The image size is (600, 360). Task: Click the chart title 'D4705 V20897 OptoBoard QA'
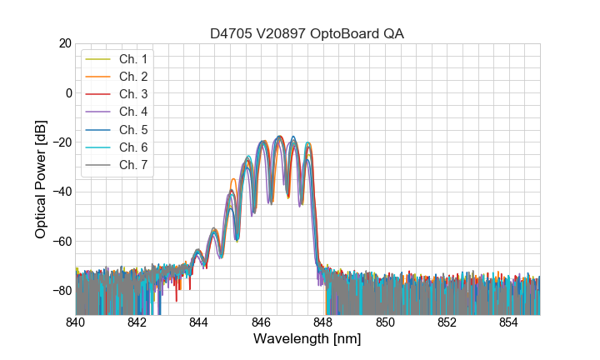coord(307,33)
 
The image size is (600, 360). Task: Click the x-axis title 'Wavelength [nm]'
coord(307,339)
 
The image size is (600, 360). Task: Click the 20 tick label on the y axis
coord(65,43)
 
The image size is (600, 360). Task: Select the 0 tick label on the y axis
coord(68,92)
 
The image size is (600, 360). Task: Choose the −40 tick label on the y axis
coord(62,192)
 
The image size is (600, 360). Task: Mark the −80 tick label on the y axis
coord(62,290)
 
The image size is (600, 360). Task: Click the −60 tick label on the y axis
coord(62,241)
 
